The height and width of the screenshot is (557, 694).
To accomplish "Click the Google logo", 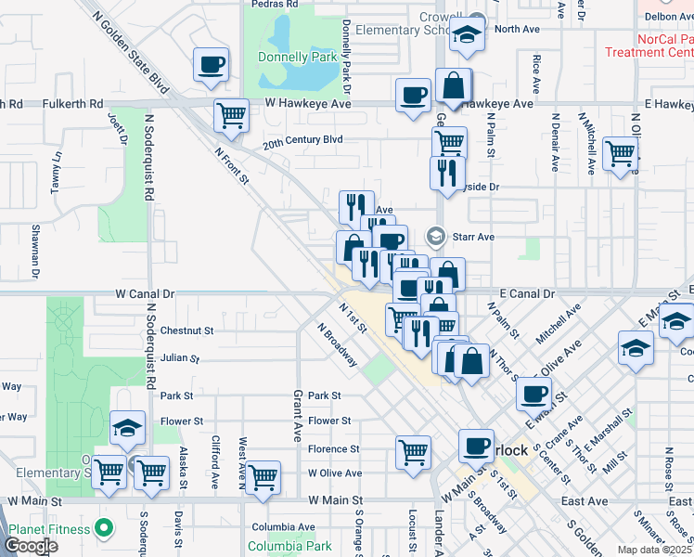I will pos(30,546).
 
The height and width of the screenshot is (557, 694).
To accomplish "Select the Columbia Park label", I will pos(289,546).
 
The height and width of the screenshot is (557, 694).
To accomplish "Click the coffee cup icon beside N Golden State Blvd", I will pos(212,65).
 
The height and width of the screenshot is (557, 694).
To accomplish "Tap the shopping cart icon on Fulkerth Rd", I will pos(230,116).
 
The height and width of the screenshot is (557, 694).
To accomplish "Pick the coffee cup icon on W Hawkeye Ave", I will pos(412,95).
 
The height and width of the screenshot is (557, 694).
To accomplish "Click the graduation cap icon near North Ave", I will pos(468,37).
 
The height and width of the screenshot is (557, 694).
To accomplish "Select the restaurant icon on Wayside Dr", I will pos(448,173).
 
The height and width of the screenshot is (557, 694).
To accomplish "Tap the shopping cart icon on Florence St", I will pos(413,452).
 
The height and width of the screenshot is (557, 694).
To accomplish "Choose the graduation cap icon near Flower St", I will pos(127,427).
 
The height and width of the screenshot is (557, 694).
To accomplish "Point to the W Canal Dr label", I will pos(145,293).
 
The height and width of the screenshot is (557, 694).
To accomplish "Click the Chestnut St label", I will pos(186,330).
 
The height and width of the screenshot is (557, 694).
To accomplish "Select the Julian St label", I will pos(180,357).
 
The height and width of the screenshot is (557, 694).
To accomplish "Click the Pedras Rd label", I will pos(275,4).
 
